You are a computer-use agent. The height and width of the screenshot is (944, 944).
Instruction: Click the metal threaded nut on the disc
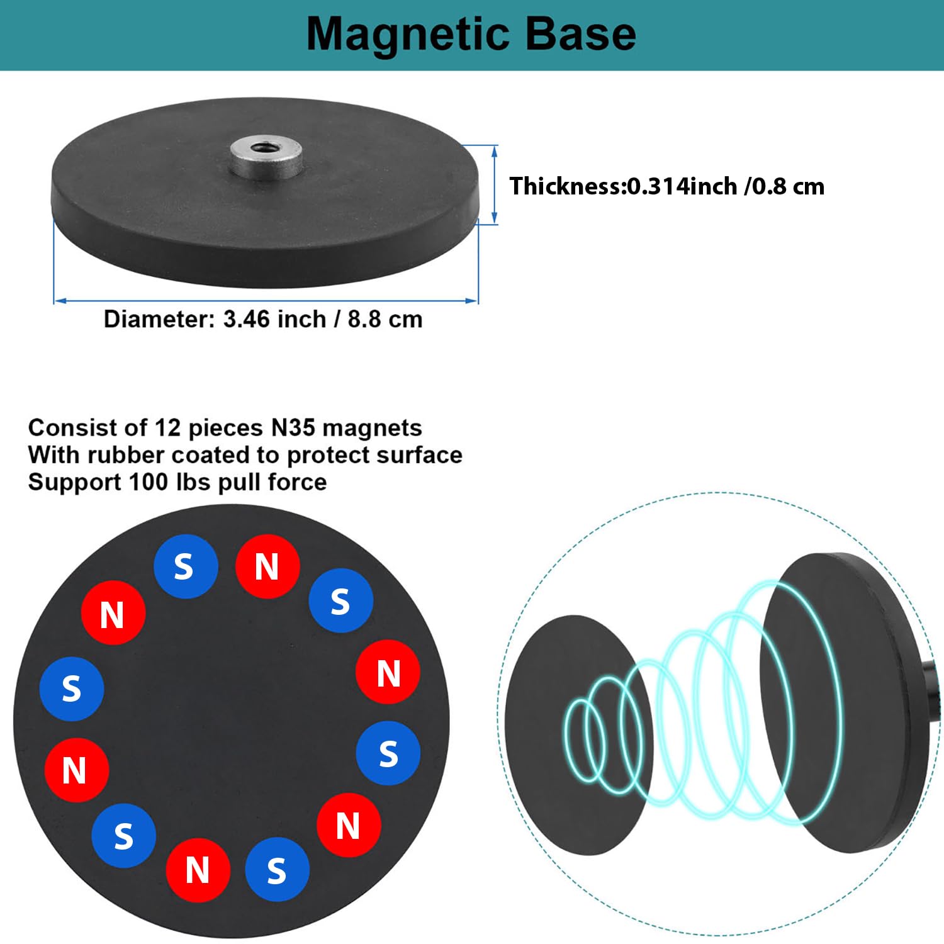click(x=265, y=157)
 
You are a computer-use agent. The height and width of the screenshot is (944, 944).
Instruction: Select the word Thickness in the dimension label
click(x=566, y=186)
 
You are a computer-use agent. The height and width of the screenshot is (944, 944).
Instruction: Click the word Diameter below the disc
click(x=160, y=319)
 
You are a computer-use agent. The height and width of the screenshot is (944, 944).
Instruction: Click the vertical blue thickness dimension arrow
click(x=494, y=184)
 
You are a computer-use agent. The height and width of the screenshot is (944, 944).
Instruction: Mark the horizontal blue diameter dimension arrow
click(x=266, y=301)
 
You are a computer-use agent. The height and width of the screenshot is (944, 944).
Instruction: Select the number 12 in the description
click(x=167, y=428)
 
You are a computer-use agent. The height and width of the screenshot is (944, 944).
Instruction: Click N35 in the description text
click(x=293, y=428)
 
